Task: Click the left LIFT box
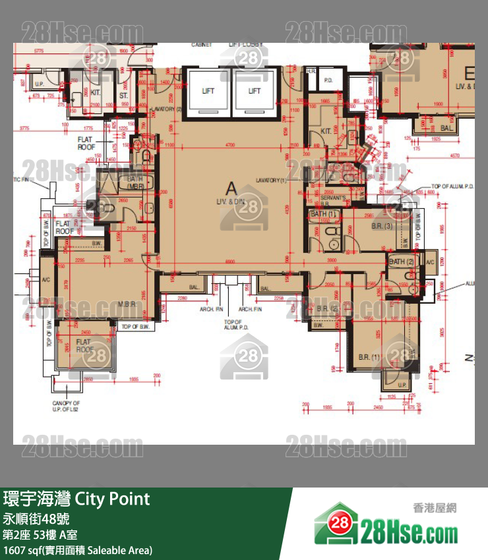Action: pos(208,92)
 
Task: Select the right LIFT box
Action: pos(254,92)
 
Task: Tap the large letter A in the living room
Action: pos(231,187)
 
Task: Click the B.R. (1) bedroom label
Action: pos(369,356)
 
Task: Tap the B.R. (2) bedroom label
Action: pos(327,308)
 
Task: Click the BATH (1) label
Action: pos(324,214)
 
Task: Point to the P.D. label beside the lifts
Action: pos(328,80)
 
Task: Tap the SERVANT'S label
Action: pos(334,198)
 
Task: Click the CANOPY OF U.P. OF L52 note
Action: pos(66,406)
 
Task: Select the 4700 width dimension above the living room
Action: pos(229,144)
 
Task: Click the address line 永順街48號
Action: pos(38,518)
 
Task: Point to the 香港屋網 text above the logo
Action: pos(435,507)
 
